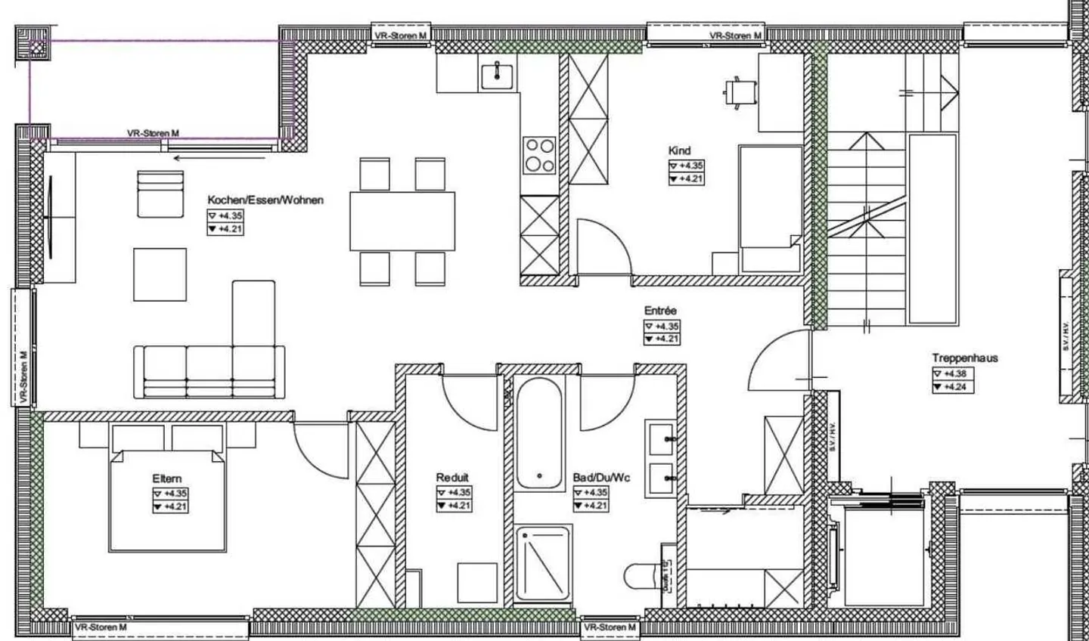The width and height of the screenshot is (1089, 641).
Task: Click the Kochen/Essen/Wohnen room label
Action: click(265, 200)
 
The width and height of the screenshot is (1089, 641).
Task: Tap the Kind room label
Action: click(679, 150)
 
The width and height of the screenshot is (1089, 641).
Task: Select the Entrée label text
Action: click(660, 311)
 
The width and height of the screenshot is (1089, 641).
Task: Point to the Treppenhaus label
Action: click(964, 358)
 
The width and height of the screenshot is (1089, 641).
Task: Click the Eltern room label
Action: click(166, 478)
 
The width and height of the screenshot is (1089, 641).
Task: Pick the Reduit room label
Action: click(452, 478)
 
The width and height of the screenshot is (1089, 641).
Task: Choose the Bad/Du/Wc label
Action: click(601, 478)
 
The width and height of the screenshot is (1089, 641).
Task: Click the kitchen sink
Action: click(497, 76)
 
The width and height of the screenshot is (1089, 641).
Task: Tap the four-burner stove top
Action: click(539, 155)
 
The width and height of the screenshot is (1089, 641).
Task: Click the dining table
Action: click(402, 221)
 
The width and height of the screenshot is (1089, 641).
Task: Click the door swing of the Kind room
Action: click(605, 246)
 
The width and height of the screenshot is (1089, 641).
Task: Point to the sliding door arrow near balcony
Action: click(219, 159)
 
